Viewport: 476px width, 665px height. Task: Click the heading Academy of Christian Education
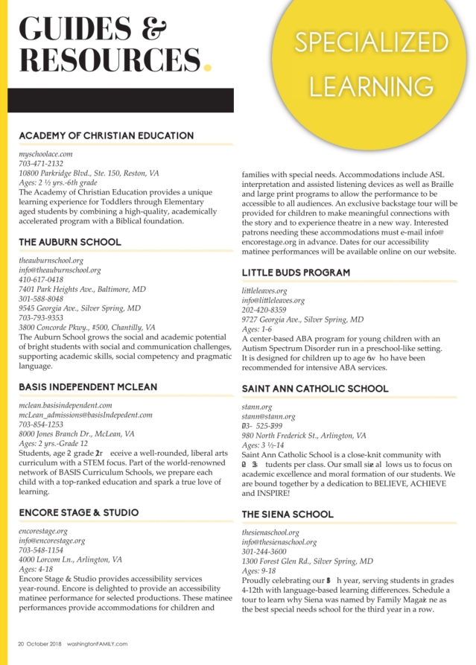tap(106, 136)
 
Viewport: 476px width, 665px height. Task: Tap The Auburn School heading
tap(69, 242)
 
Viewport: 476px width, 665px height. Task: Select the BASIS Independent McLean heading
tap(88, 387)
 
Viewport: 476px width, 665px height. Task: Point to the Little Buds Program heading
tap(295, 273)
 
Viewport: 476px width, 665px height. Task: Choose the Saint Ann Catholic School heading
tap(314, 389)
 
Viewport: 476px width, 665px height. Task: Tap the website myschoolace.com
tap(45, 154)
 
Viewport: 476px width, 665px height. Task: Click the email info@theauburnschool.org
tap(60, 270)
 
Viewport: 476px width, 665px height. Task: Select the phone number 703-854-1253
tap(41, 424)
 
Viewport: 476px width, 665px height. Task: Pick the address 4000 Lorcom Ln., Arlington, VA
tap(71, 559)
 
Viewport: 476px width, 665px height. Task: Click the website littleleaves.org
tap(264, 291)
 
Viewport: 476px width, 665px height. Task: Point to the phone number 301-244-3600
tap(264, 552)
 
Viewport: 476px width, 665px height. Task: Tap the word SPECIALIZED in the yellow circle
tap(370, 44)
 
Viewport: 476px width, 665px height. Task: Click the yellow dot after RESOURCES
tap(208, 67)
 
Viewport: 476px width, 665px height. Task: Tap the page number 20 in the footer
tap(22, 644)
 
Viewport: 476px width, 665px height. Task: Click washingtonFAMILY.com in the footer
tap(97, 644)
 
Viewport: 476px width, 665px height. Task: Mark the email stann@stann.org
tap(268, 417)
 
